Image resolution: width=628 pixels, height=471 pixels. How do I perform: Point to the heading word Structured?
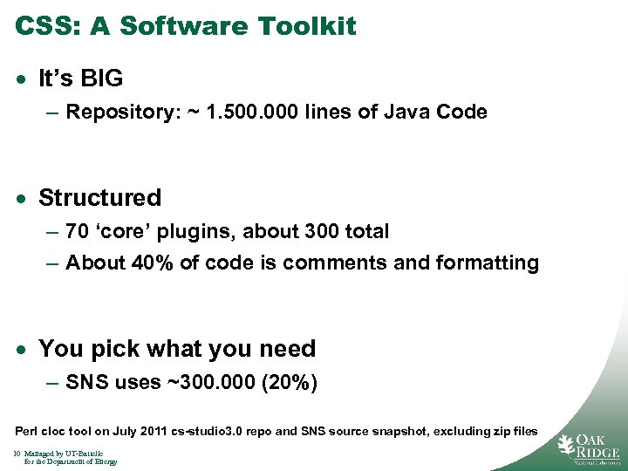[x=100, y=198]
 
